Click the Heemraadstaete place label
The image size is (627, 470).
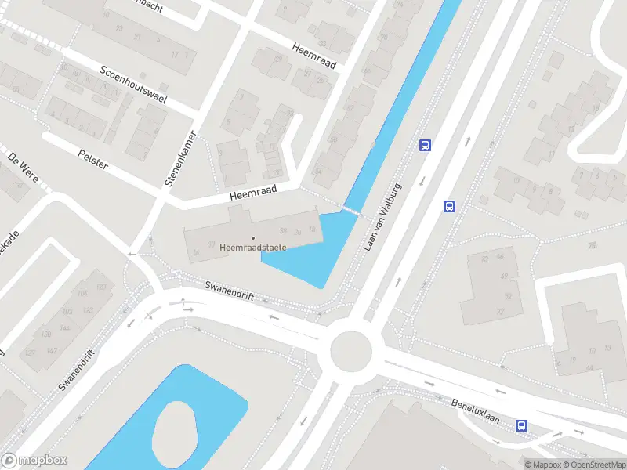click(x=253, y=248)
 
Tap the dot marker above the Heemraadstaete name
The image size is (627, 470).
click(x=253, y=237)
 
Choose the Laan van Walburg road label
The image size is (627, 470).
click(x=382, y=217)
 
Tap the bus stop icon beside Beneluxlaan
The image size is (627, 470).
click(x=521, y=425)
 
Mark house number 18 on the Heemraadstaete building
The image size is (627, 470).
click(x=312, y=229)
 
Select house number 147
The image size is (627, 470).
click(x=52, y=349)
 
